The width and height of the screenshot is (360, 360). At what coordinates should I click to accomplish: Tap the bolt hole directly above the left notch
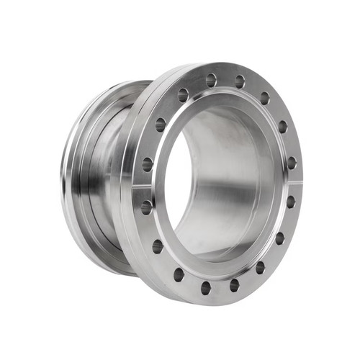point(148,164)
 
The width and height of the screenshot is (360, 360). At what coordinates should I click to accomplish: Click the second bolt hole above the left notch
point(161,125)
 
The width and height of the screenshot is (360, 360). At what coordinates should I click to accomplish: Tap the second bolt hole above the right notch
point(282,127)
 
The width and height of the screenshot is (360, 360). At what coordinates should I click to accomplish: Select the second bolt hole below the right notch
point(279,238)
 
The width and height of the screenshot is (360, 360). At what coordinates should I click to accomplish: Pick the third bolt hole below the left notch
point(179,274)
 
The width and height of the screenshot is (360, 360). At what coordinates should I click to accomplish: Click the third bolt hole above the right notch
point(264,98)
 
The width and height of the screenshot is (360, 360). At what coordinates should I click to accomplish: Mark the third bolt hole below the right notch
point(260,267)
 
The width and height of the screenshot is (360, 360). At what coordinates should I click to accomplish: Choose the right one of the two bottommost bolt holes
point(234,285)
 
